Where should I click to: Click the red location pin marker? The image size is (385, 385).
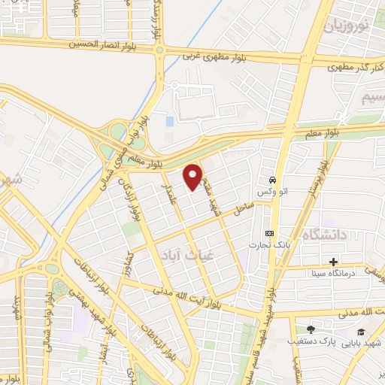click(x=193, y=175)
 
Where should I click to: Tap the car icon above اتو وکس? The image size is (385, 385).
click(x=271, y=181)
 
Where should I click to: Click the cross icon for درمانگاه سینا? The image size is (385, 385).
click(x=333, y=262)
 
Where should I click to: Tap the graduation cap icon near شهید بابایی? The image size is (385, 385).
click(x=361, y=332)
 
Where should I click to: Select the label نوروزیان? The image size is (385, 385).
click(x=347, y=26)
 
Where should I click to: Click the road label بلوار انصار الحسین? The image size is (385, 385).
click(x=105, y=44)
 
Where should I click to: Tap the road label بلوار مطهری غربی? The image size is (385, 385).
click(x=213, y=55)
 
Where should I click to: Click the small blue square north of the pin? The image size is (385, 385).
click(x=169, y=120)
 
